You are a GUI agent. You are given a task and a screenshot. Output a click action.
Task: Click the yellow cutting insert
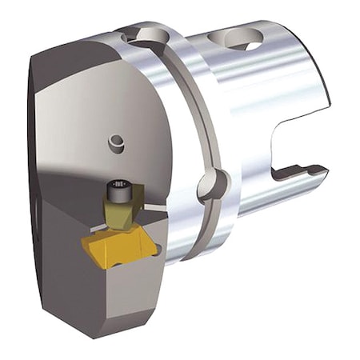pos(117,243)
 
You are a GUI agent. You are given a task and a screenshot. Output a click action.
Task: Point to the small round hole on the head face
pos(118,143)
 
